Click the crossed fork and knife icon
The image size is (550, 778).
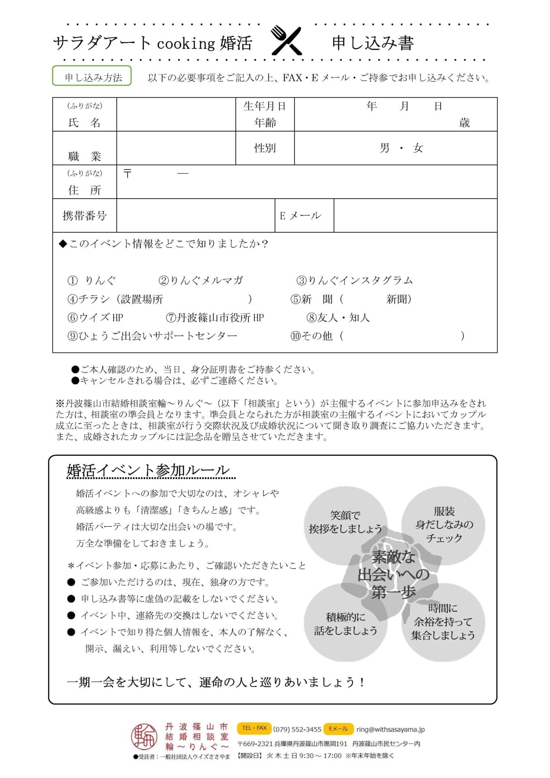(x=286, y=41)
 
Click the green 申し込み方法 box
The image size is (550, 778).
(x=92, y=76)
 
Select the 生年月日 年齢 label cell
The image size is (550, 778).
(x=265, y=114)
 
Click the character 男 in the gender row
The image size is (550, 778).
(x=385, y=148)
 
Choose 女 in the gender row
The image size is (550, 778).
(x=418, y=148)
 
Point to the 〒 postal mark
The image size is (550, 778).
(x=128, y=174)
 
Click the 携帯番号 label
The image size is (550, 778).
(x=84, y=216)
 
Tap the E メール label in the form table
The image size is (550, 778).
(x=301, y=216)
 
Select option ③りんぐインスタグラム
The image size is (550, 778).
(x=355, y=280)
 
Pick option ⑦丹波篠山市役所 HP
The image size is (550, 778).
(x=215, y=318)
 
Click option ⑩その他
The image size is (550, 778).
(x=311, y=336)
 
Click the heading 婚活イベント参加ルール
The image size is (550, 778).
(x=148, y=470)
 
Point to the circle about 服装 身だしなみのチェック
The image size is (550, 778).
(x=444, y=524)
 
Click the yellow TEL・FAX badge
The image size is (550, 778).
(x=254, y=728)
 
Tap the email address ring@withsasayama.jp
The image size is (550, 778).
(x=390, y=729)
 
